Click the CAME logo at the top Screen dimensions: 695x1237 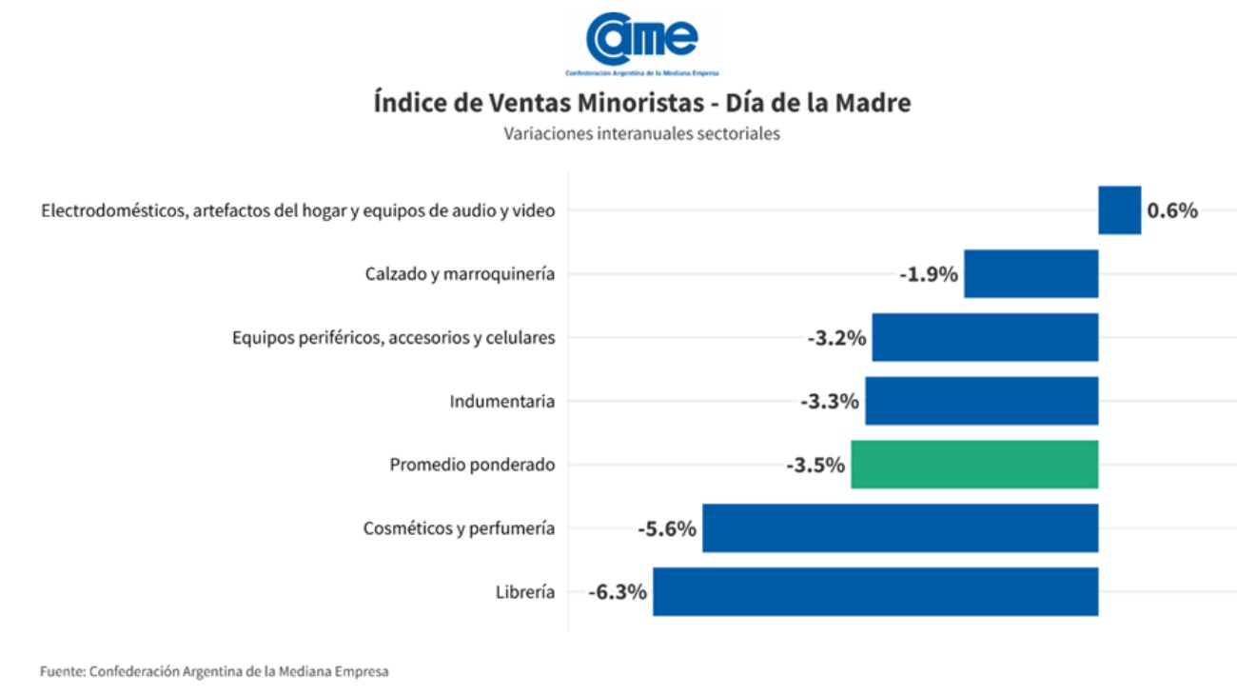pyautogui.click(x=642, y=43)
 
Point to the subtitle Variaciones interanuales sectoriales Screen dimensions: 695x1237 pyautogui.click(x=642, y=134)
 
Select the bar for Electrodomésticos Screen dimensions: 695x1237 pyautogui.click(x=1119, y=210)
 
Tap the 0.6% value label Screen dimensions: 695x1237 pyautogui.click(x=1172, y=211)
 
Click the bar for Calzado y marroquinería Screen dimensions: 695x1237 pyautogui.click(x=1031, y=274)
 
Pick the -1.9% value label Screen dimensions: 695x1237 pyautogui.click(x=929, y=275)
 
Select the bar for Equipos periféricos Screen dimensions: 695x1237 pyautogui.click(x=985, y=337)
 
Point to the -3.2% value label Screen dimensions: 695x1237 pyautogui.click(x=837, y=338)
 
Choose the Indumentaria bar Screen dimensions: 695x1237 pyautogui.click(x=981, y=401)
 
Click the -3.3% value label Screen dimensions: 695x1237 pyautogui.click(x=830, y=402)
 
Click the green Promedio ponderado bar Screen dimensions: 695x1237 pyautogui.click(x=974, y=465)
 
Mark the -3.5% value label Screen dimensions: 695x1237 pyautogui.click(x=815, y=466)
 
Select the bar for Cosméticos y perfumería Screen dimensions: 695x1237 pyautogui.click(x=900, y=528)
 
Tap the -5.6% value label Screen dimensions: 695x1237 pyautogui.click(x=667, y=529)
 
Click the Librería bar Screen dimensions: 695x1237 pyautogui.click(x=875, y=591)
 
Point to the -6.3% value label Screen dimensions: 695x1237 pyautogui.click(x=618, y=592)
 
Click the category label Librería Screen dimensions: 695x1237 pyautogui.click(x=524, y=592)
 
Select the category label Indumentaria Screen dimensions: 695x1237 pyautogui.click(x=501, y=402)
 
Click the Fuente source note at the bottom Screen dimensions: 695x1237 pyautogui.click(x=214, y=671)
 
